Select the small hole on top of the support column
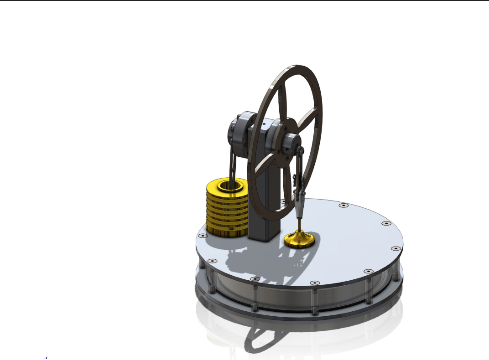264,123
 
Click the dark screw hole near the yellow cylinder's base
231,227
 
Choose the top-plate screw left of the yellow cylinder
202,236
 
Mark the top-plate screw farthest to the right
396,249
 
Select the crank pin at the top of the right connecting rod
302,149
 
